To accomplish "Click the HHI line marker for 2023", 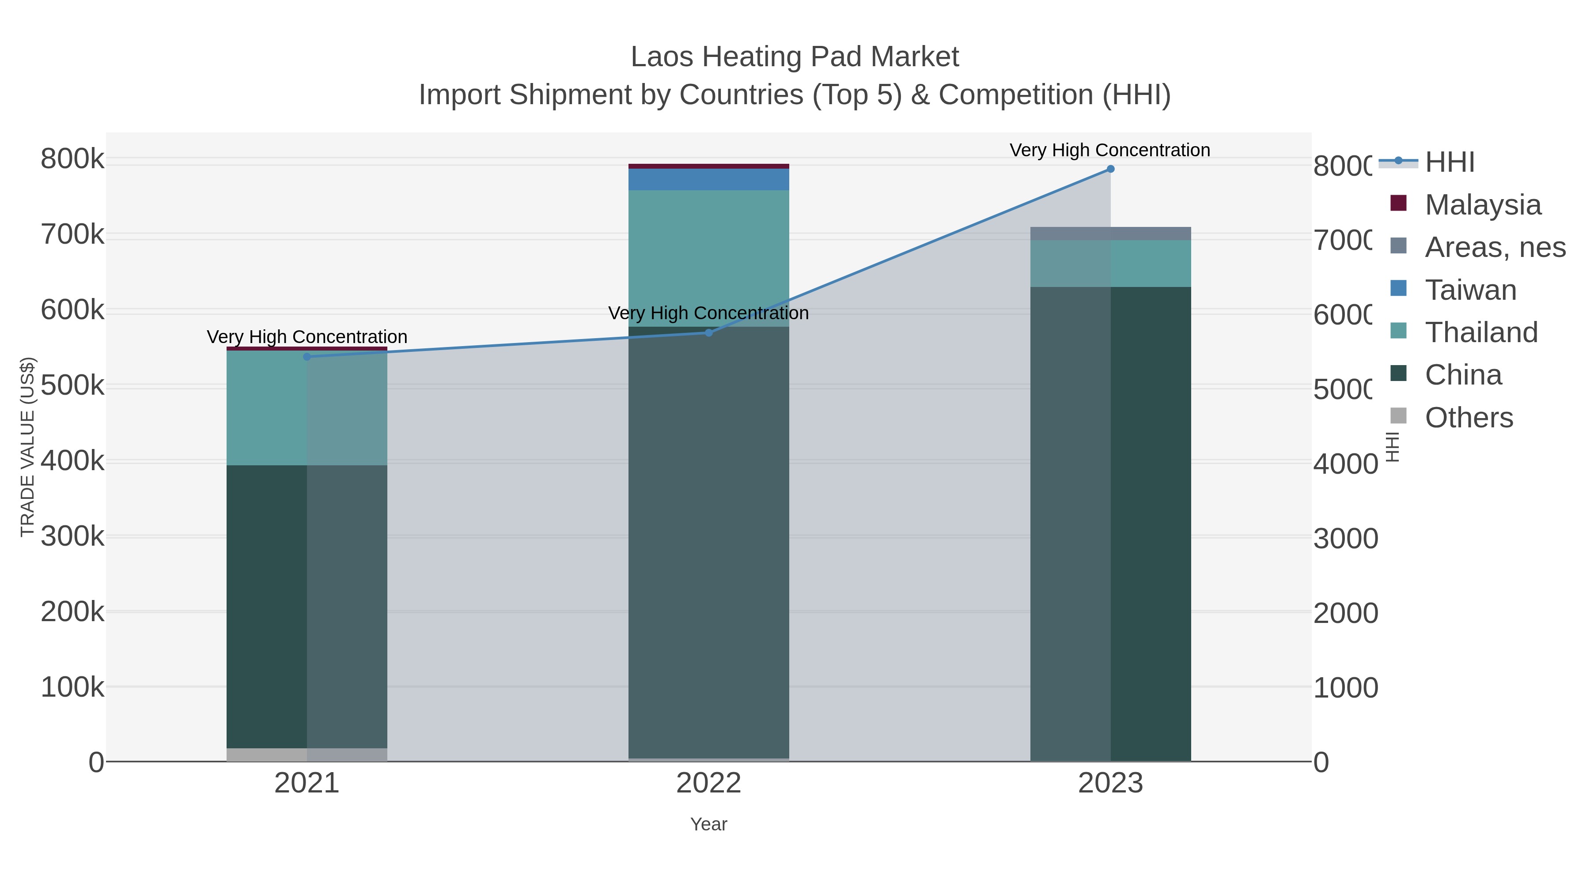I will point(1110,169).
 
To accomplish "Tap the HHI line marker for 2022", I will point(708,332).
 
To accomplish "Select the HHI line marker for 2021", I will point(307,357).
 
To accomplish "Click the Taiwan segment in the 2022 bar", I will point(708,180).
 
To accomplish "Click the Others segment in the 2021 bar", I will point(307,754).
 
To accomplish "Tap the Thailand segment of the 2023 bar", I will point(1110,264).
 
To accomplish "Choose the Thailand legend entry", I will point(1481,332).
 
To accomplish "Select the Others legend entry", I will point(1469,418).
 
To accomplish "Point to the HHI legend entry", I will point(1449,162).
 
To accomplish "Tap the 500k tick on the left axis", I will point(72,385).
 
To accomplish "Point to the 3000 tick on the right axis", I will point(1345,539).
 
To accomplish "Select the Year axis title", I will point(708,824).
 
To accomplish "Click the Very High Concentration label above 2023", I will point(1110,150).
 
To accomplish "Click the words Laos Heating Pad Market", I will point(795,57).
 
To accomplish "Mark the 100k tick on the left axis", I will point(72,687).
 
